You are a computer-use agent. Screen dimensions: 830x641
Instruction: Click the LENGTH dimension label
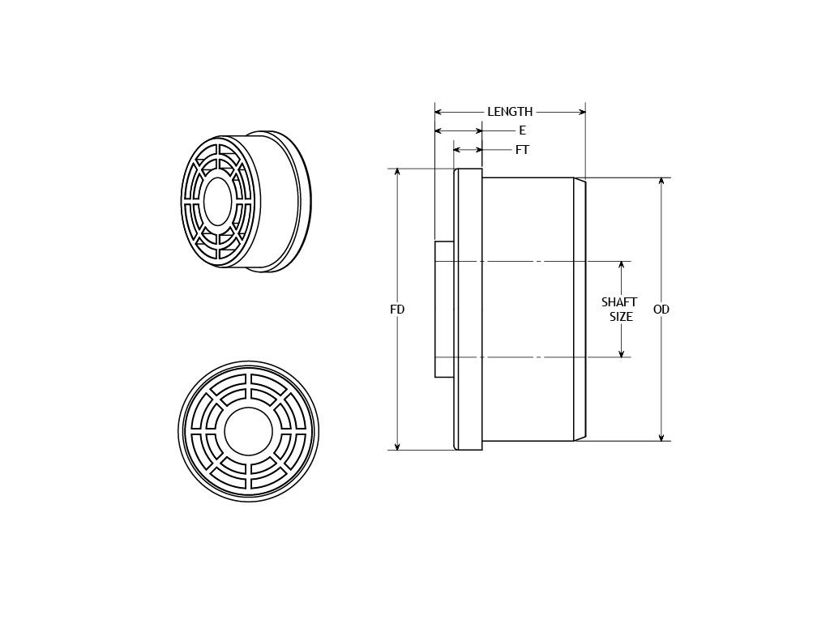(510, 112)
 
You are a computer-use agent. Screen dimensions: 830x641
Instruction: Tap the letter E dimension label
(523, 130)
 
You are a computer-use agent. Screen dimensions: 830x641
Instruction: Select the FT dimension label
(522, 150)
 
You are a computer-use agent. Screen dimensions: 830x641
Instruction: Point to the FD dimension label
(397, 310)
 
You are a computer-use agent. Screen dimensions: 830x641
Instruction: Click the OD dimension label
(661, 310)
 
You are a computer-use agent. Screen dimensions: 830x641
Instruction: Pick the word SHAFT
(619, 301)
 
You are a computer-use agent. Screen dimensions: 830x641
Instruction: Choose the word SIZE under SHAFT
(621, 317)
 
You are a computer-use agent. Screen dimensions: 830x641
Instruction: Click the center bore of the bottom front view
(248, 431)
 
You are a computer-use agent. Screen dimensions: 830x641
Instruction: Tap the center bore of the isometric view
(217, 201)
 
